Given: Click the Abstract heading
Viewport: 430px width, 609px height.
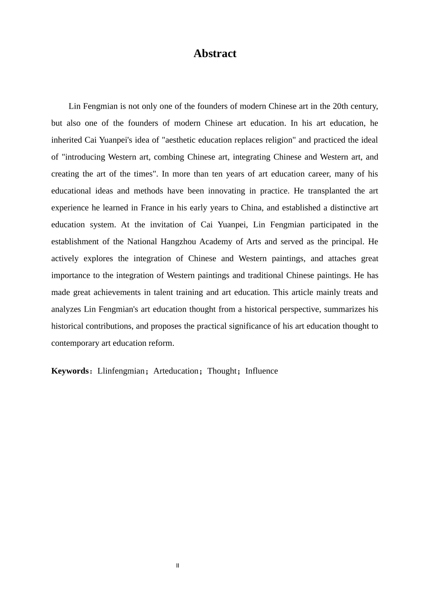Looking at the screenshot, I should click(215, 53).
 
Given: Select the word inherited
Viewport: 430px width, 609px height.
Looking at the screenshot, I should click(67, 140).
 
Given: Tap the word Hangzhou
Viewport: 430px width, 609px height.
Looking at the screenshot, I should click(177, 242).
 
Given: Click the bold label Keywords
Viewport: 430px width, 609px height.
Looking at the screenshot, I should click(70, 371).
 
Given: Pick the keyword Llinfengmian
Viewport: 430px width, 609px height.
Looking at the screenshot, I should click(121, 371).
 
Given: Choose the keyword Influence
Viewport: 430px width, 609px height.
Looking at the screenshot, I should click(262, 371).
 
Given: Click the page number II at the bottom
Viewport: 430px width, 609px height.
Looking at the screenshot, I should click(177, 565).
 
